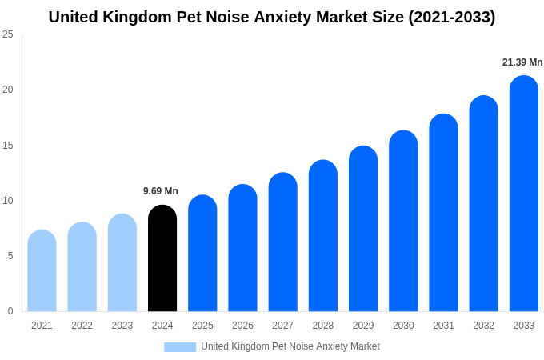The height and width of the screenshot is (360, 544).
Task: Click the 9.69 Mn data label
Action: (x=161, y=191)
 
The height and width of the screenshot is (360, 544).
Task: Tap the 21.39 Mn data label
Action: (x=522, y=62)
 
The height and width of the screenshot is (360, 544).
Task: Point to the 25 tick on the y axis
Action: (x=8, y=34)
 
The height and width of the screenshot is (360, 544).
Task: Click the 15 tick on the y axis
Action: (x=8, y=146)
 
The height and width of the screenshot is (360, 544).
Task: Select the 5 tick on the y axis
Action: (x=10, y=256)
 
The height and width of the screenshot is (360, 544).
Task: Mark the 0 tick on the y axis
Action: (x=10, y=311)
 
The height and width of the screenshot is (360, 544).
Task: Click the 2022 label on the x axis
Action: (x=82, y=326)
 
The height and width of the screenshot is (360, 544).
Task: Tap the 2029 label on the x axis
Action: (x=362, y=326)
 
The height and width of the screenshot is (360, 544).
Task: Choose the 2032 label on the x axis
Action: (x=483, y=326)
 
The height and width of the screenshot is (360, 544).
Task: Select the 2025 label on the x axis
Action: (x=202, y=326)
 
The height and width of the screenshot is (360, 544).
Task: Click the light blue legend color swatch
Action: (x=180, y=346)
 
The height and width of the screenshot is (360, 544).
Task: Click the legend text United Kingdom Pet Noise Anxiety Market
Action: (x=290, y=346)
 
